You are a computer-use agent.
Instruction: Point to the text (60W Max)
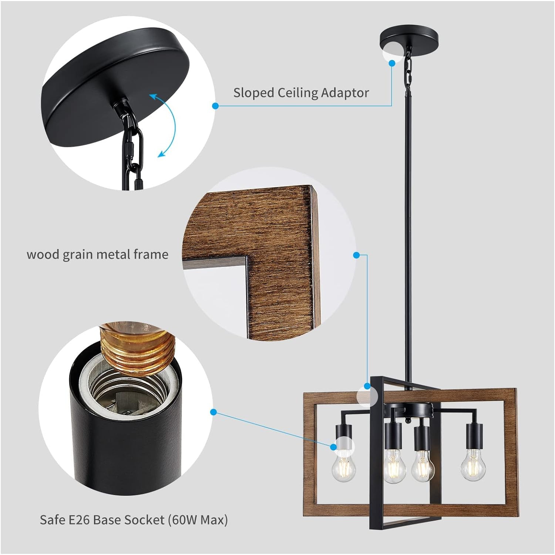(198, 520)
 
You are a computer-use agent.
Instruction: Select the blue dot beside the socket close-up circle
(213, 412)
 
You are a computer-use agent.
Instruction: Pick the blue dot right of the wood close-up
(356, 255)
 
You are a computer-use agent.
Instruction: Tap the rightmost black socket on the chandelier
(474, 435)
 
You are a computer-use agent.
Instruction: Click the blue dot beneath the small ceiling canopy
(392, 63)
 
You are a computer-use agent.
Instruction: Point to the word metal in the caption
(112, 255)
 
